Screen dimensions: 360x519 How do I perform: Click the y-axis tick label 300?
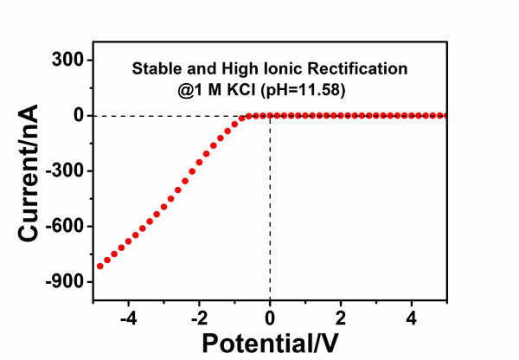[x=66, y=60]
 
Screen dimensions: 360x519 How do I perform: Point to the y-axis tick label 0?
[x=78, y=115]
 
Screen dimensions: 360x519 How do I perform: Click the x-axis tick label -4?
[x=127, y=315]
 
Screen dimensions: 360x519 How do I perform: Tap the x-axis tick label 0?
[x=270, y=315]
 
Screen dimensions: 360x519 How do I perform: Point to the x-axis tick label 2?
[x=341, y=315]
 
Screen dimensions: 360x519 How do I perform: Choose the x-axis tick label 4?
[x=412, y=315]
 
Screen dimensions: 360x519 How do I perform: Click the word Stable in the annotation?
[x=155, y=67]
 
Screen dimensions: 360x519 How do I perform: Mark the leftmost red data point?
[x=100, y=266]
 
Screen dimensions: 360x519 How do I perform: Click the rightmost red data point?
[x=444, y=115]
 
